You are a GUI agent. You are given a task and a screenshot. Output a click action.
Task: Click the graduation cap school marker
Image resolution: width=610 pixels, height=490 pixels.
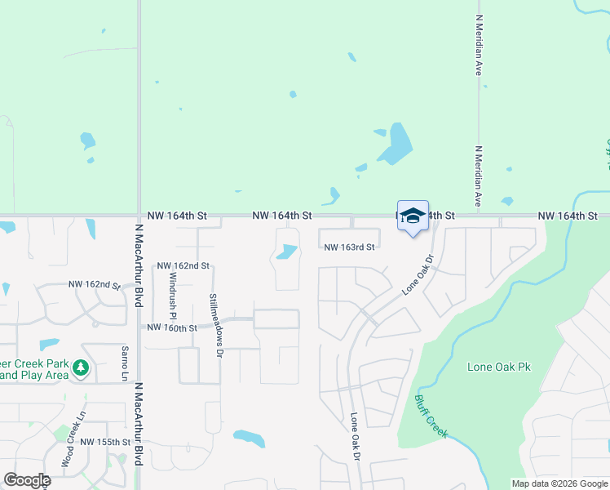(x=412, y=216)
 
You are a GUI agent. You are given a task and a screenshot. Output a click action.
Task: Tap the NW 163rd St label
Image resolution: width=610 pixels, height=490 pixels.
(x=349, y=247)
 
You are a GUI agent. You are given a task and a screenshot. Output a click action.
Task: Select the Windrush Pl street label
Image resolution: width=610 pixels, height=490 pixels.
(x=173, y=287)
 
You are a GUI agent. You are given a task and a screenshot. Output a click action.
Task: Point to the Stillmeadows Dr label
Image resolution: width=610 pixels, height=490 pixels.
(x=214, y=326)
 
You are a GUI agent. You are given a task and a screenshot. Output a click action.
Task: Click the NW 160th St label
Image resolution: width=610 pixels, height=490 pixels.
(x=171, y=327)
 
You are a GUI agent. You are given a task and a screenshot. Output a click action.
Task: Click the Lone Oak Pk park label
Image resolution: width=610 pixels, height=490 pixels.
(x=499, y=367)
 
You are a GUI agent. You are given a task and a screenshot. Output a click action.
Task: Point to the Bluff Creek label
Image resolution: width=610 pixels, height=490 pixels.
(x=431, y=416)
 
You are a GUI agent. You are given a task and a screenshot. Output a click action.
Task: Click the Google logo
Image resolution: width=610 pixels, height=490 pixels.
(x=27, y=480)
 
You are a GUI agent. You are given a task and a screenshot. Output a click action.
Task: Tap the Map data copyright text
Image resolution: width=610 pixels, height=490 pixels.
(x=560, y=483)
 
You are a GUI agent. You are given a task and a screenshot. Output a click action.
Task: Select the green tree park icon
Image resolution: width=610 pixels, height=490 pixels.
(x=80, y=368)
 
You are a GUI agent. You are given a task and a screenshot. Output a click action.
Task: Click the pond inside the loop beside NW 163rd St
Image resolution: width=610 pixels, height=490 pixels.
(x=286, y=252)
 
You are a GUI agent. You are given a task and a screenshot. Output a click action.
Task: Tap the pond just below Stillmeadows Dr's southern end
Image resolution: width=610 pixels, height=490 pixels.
(x=249, y=439)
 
